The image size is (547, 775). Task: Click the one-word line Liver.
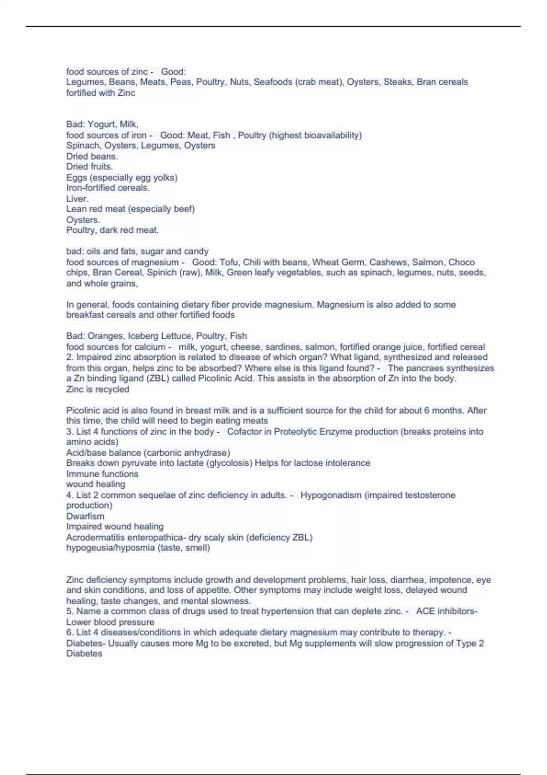[x=77, y=198]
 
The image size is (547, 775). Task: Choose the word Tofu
[x=229, y=262]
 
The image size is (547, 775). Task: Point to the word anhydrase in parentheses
[x=208, y=453]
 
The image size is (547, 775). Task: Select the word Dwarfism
[x=85, y=516]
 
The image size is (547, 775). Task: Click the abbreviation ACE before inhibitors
[x=425, y=611]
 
